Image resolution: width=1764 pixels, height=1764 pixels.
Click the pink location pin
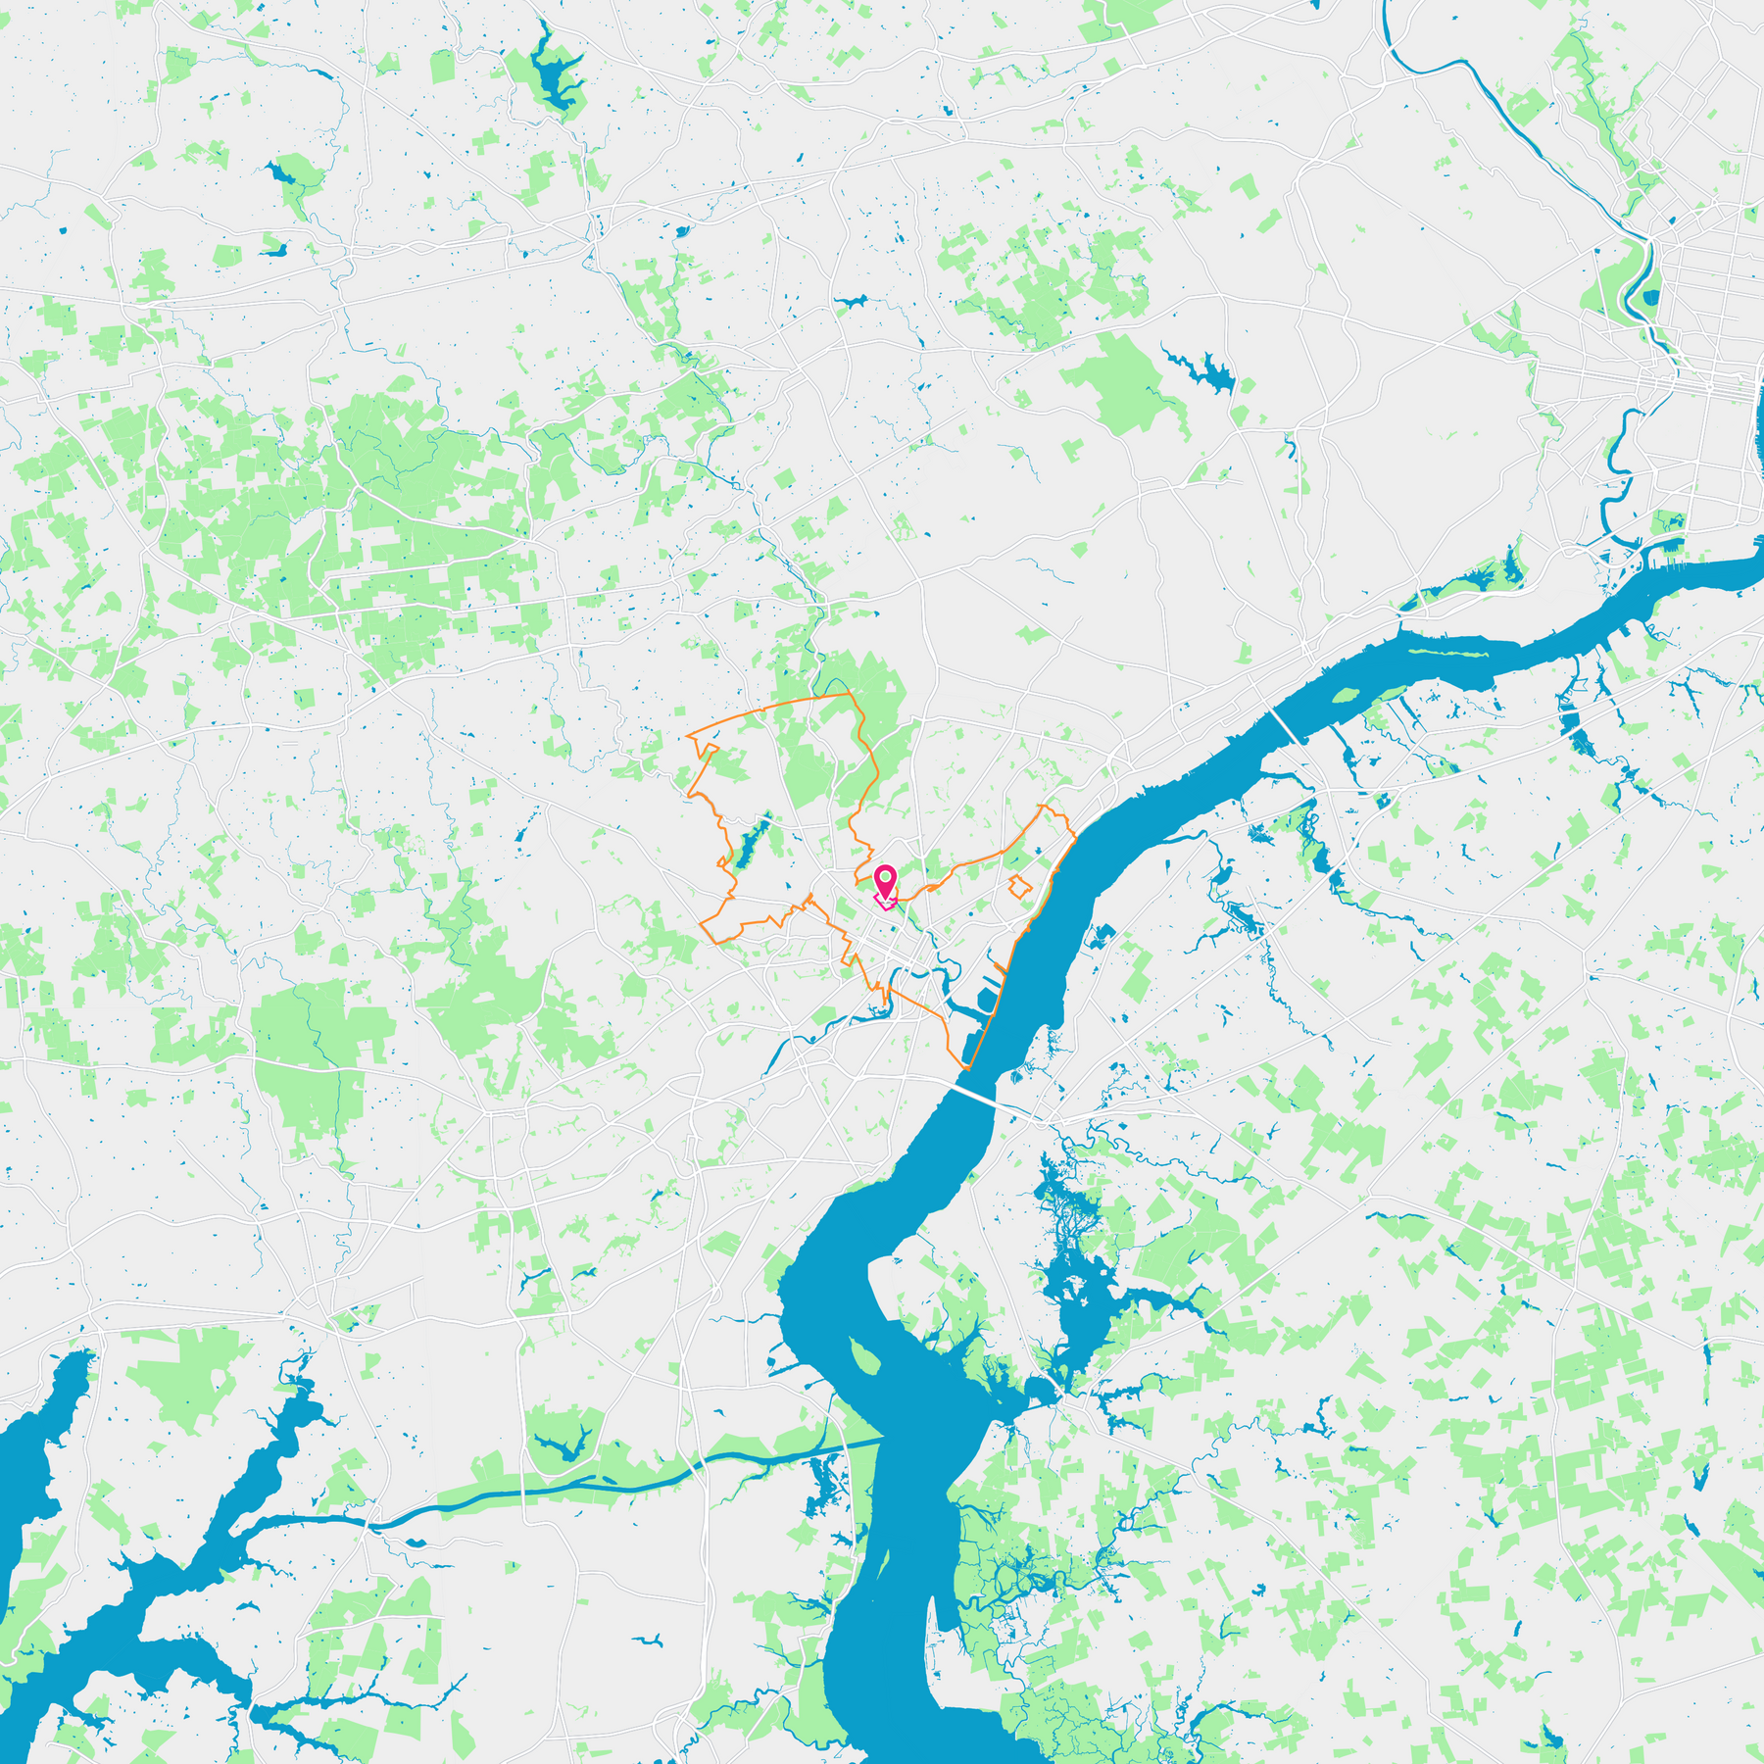(885, 880)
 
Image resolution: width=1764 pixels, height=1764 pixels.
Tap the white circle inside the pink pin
(885, 875)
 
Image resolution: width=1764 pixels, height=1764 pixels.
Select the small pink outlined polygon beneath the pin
(885, 903)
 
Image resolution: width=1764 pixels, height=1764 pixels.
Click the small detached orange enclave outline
(1020, 888)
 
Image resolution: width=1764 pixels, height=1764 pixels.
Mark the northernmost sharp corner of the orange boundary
(849, 694)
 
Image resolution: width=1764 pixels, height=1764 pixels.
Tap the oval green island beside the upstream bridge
(1345, 697)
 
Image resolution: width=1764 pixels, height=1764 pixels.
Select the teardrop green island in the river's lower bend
(861, 1356)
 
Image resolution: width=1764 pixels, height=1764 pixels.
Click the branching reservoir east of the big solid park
(1205, 371)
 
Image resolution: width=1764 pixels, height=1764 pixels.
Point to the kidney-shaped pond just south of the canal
(416, 1542)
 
